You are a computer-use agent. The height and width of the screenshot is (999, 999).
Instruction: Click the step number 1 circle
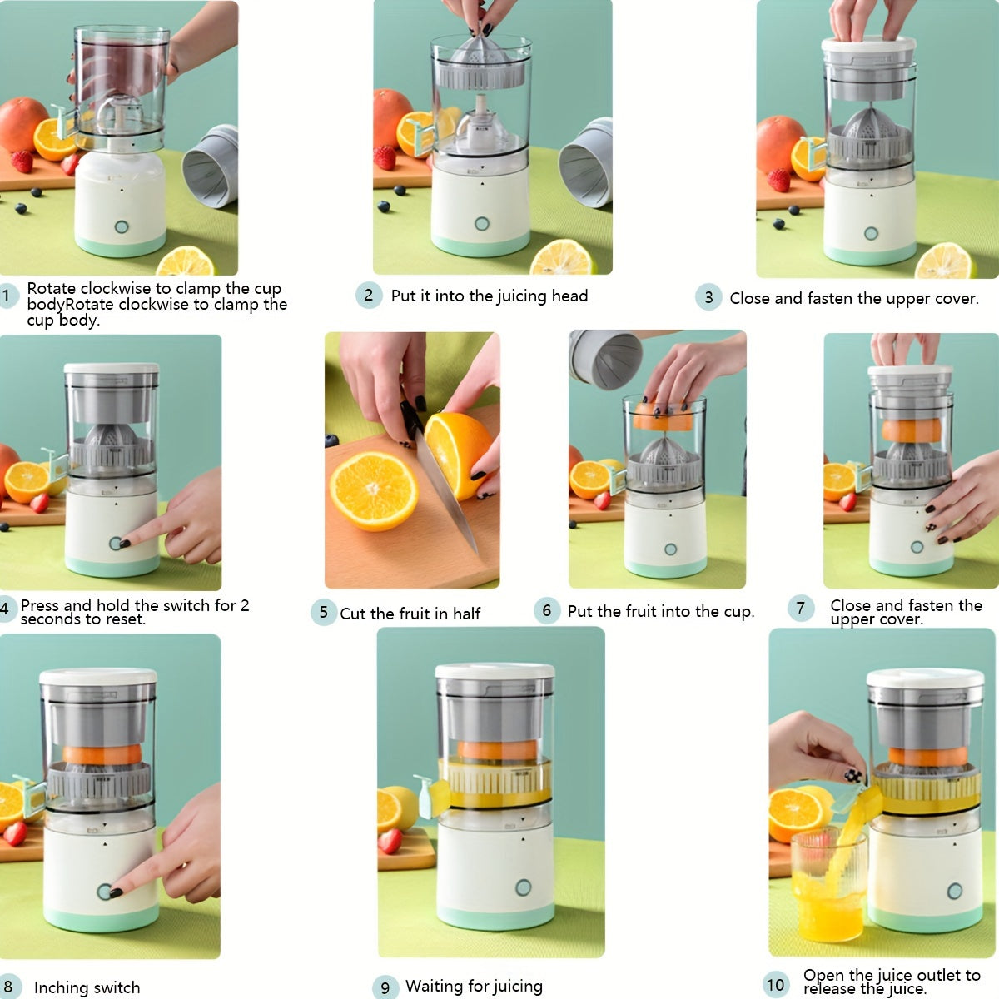(7, 296)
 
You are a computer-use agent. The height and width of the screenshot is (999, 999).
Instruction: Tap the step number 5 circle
(323, 613)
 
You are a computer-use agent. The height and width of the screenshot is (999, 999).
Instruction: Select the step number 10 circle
(775, 984)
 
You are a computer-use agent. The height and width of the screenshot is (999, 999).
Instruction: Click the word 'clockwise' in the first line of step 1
(117, 289)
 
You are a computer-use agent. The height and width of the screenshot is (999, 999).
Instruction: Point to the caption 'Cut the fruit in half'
(410, 614)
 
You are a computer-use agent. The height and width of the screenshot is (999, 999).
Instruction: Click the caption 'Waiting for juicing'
(474, 987)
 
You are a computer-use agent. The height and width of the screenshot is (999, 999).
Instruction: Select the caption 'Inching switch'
(87, 987)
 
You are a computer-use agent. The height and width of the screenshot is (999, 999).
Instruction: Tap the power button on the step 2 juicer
(482, 223)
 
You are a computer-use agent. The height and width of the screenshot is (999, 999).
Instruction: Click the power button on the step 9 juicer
(523, 887)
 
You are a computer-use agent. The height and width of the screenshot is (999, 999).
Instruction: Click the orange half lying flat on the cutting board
(374, 491)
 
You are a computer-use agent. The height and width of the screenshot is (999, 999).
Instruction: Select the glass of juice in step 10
(828, 887)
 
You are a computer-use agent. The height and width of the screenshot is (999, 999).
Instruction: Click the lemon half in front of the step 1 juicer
(185, 262)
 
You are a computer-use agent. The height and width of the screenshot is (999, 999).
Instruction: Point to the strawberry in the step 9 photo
(390, 841)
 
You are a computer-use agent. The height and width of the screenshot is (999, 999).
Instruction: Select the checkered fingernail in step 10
(853, 775)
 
